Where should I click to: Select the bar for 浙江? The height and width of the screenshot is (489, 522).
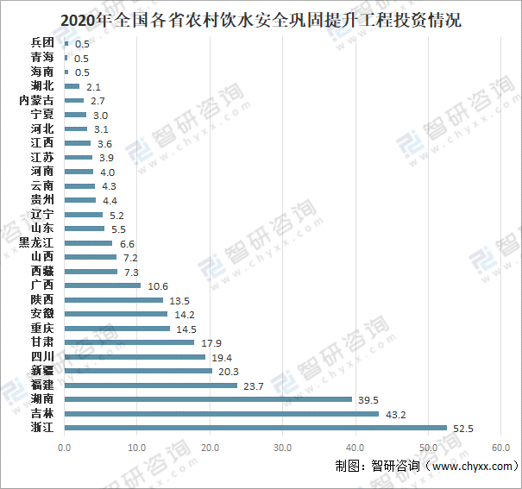(x=255, y=428)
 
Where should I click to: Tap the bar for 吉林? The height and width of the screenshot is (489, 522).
(x=222, y=414)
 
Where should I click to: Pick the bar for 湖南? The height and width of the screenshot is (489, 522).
(x=208, y=399)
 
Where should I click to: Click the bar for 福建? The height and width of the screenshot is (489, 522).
(x=150, y=386)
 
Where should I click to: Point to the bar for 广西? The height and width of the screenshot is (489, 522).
(x=103, y=285)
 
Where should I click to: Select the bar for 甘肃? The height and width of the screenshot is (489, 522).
(x=129, y=342)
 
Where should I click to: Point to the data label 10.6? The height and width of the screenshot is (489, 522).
(x=159, y=285)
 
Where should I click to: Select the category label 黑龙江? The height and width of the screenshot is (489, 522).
(x=36, y=243)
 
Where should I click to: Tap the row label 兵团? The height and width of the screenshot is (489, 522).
(x=42, y=42)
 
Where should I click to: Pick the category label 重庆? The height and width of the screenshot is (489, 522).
(x=42, y=329)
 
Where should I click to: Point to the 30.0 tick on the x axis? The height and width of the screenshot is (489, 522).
(x=282, y=448)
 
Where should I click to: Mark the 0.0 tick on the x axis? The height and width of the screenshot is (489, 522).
(x=65, y=448)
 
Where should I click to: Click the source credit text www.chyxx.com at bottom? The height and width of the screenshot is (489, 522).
(x=470, y=467)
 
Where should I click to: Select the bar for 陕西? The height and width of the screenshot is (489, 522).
(x=113, y=299)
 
